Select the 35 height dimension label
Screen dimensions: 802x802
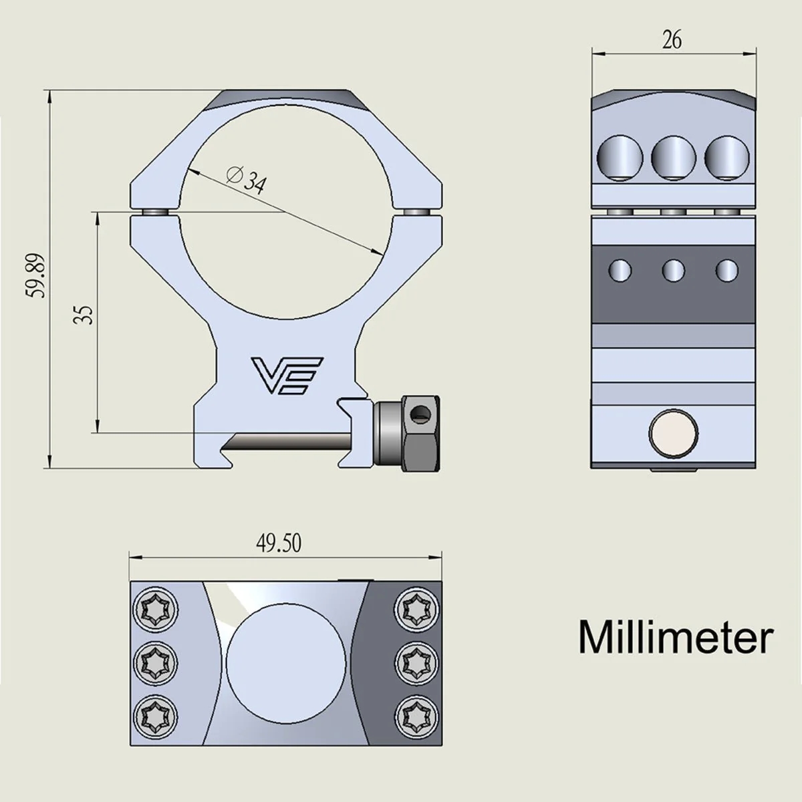pyautogui.click(x=83, y=315)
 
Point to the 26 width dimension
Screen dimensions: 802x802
pyautogui.click(x=672, y=40)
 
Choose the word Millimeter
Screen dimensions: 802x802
pyautogui.click(x=675, y=637)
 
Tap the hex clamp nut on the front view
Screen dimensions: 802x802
pyautogui.click(x=407, y=433)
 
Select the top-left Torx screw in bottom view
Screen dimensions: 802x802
pyautogui.click(x=153, y=608)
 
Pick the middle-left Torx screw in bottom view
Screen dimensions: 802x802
pyautogui.click(x=153, y=662)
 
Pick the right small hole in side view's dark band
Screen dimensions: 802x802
pyautogui.click(x=726, y=270)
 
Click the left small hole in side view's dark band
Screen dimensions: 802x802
pyautogui.click(x=620, y=270)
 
